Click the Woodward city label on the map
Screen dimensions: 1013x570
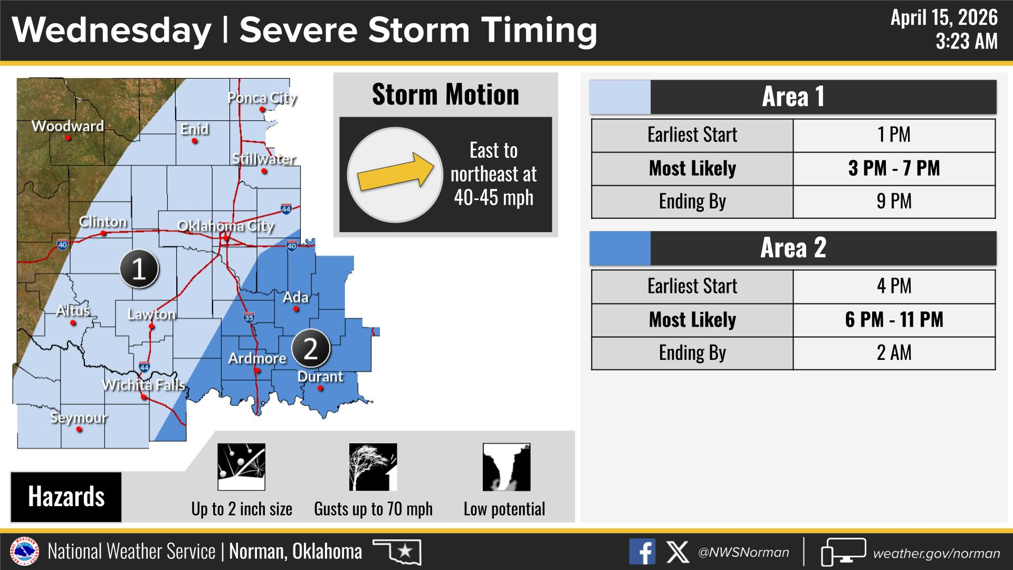click(x=68, y=126)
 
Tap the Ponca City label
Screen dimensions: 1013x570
click(x=262, y=98)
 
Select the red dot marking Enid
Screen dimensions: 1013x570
click(x=195, y=141)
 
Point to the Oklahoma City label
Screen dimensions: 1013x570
click(x=225, y=226)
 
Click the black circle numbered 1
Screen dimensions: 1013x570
click(x=139, y=269)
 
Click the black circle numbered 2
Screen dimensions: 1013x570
click(x=311, y=348)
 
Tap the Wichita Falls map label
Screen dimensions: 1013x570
click(x=144, y=385)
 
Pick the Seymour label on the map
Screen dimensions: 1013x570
click(x=79, y=418)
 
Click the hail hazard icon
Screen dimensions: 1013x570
click(x=241, y=467)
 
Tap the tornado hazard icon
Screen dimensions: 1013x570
click(x=506, y=467)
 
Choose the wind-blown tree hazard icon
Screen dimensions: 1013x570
click(x=373, y=467)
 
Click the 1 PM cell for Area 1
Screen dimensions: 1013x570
click(x=894, y=135)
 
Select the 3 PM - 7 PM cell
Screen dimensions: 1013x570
click(x=894, y=169)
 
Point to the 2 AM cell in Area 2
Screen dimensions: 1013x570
click(x=894, y=353)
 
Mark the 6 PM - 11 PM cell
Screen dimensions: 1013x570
click(x=894, y=320)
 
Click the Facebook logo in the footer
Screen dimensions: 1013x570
click(x=642, y=552)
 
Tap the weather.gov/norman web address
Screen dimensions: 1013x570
click(x=936, y=553)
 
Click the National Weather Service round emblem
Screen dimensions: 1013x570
click(x=25, y=552)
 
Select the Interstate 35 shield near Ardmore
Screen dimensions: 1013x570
click(x=249, y=317)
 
